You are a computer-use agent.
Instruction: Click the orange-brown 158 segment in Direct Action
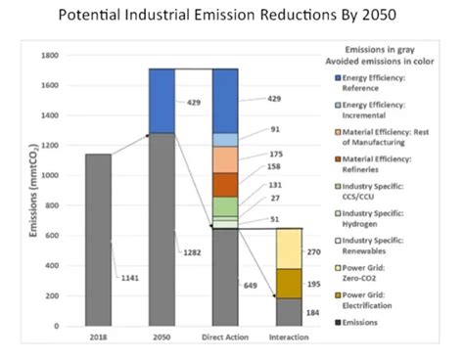point(224,184)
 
